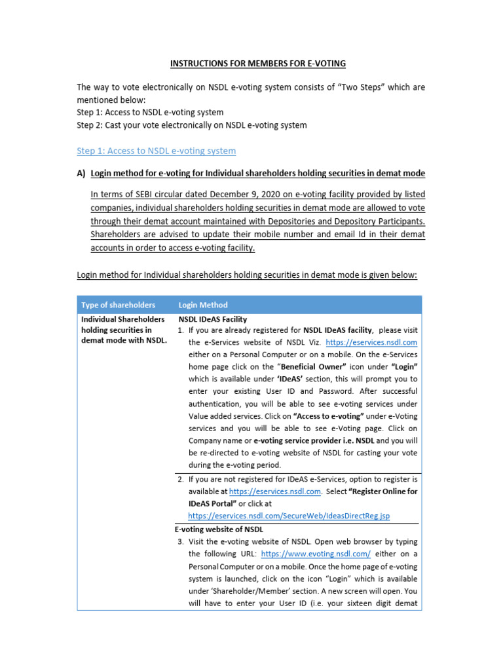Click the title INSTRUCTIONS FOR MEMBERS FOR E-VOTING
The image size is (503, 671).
[x=258, y=64]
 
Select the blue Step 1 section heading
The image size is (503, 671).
[x=156, y=151]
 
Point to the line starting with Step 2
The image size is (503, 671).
[x=191, y=125]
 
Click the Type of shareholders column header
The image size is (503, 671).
[x=118, y=305]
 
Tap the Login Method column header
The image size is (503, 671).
[x=203, y=305]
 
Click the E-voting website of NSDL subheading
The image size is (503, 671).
[x=219, y=529]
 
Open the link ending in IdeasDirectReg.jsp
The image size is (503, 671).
[x=288, y=516]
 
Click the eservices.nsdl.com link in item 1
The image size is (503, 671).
[x=371, y=343]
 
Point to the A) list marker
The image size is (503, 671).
[x=81, y=174]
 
